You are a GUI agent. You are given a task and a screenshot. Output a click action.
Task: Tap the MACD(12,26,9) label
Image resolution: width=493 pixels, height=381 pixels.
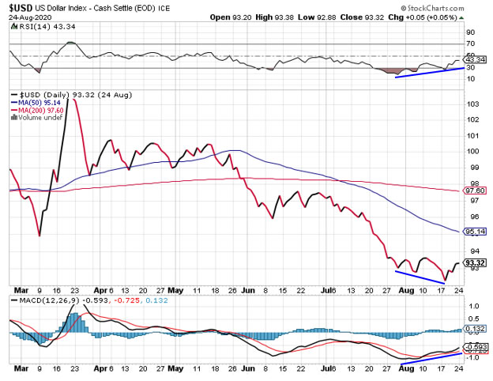38,301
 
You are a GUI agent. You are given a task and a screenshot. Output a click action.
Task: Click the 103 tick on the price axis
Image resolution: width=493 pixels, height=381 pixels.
472,104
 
